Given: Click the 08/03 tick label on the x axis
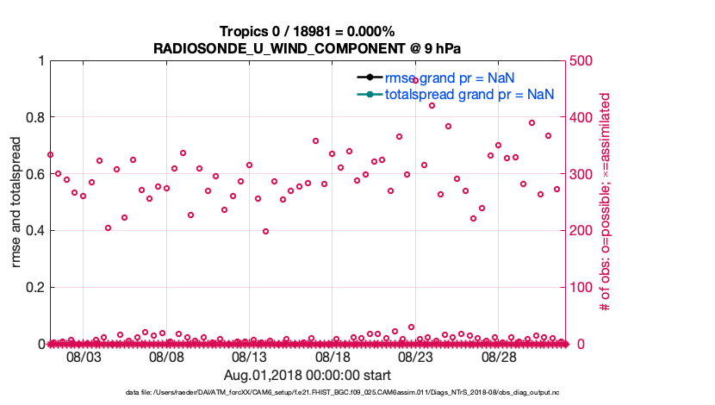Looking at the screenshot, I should tap(84, 357).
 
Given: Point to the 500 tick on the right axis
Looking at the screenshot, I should tap(584, 61).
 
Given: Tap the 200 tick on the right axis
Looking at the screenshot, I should tap(584, 230).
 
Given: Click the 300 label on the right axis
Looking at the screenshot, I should tap(584, 174).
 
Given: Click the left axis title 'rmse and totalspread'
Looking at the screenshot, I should tap(17, 202).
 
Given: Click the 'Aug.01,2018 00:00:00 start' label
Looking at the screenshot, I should tap(308, 376).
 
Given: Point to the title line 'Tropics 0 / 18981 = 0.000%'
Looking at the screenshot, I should tap(308, 32).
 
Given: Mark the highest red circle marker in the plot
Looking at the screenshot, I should tap(415, 80).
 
